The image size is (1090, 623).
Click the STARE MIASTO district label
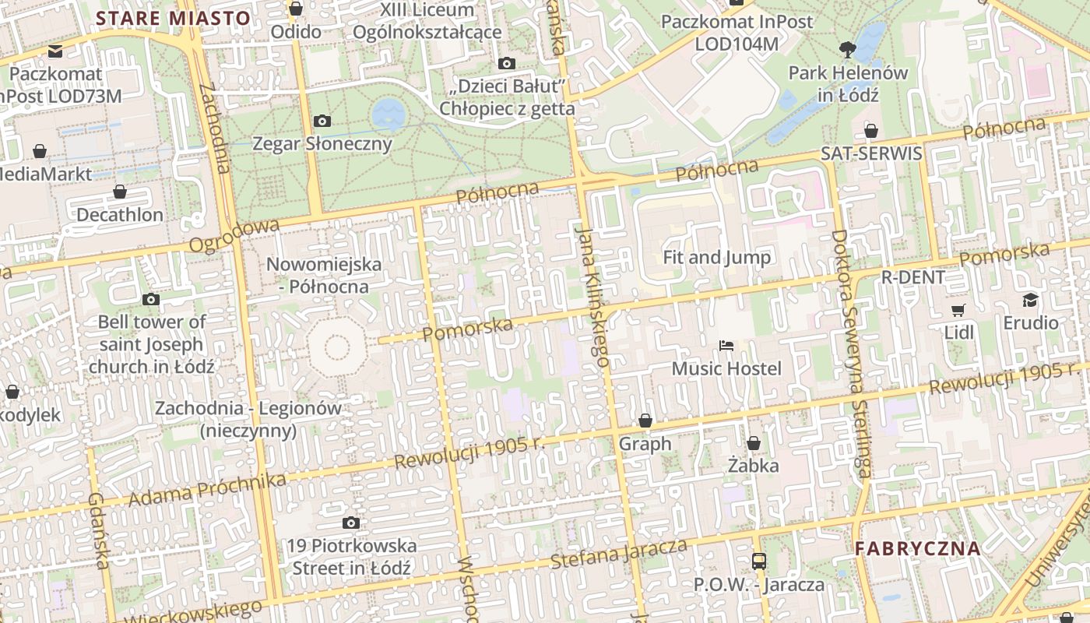tap(173, 19)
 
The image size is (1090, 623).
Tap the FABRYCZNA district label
tap(917, 547)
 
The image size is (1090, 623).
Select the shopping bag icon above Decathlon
tap(120, 192)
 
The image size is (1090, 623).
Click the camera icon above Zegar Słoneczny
tap(322, 121)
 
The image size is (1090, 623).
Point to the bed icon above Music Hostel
tap(726, 345)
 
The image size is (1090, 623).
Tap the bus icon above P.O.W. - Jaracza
tap(758, 561)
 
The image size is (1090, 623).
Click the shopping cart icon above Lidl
tap(958, 310)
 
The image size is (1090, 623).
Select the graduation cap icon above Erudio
tap(1030, 300)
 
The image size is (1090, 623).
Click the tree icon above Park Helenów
tap(848, 50)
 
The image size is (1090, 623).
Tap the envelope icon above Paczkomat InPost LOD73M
tap(54, 51)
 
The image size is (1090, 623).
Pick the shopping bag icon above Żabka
tap(753, 443)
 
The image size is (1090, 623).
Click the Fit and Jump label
tap(716, 257)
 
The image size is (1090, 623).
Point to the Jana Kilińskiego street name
tap(591, 296)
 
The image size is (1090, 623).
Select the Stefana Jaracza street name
tap(619, 552)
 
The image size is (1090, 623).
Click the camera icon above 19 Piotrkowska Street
tap(351, 523)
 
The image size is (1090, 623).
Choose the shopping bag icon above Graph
tap(645, 421)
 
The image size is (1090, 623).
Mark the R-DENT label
tap(912, 277)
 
